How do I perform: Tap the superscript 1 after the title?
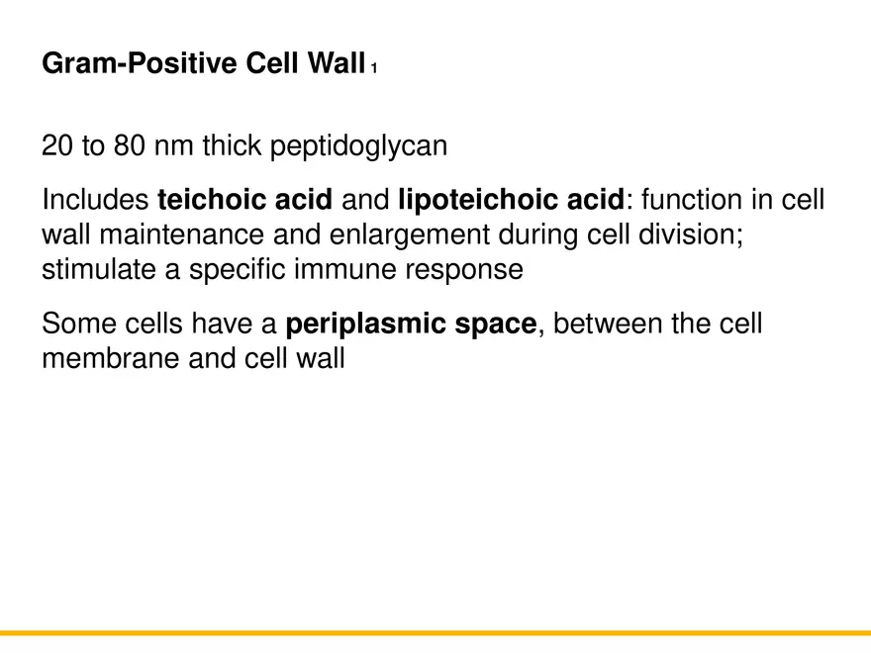(x=374, y=69)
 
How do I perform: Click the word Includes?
(x=96, y=201)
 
